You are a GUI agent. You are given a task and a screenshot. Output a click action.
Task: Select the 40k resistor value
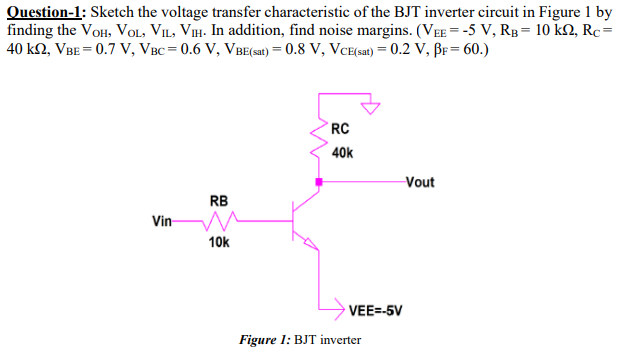click(x=341, y=152)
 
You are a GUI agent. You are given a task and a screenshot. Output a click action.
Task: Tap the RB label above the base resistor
click(x=219, y=199)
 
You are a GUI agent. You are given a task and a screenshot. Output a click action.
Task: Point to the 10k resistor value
click(x=219, y=242)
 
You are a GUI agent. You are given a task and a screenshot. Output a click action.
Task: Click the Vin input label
click(x=162, y=220)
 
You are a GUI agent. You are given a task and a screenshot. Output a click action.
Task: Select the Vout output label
click(x=420, y=182)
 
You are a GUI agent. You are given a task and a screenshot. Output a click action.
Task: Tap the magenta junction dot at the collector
click(x=320, y=182)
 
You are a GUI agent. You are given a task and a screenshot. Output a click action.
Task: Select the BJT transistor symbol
click(x=303, y=221)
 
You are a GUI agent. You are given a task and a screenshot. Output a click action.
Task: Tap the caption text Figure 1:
click(x=265, y=340)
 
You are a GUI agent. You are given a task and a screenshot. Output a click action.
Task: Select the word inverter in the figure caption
click(x=339, y=340)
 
